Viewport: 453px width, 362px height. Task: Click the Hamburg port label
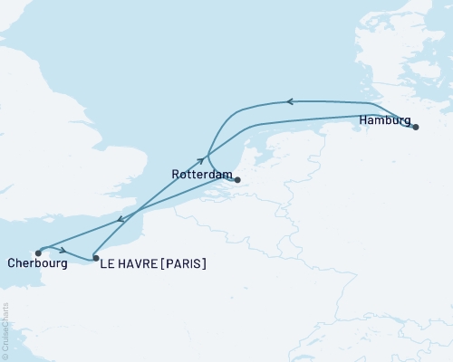coord(385,119)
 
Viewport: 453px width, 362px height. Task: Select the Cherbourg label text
coord(37,264)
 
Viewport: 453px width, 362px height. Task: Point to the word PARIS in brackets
coord(185,264)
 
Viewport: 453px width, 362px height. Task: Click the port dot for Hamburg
coord(416,128)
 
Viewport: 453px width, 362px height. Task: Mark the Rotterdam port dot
coord(237,180)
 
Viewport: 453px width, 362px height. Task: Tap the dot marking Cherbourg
coord(37,252)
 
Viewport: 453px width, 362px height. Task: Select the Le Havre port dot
coord(96,258)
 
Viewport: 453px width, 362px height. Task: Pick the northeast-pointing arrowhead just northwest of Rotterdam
coord(200,160)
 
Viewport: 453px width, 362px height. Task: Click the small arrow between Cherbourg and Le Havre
coord(63,251)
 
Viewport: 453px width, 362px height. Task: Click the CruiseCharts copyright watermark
coord(5,330)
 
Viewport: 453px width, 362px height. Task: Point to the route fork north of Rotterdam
coord(209,152)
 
